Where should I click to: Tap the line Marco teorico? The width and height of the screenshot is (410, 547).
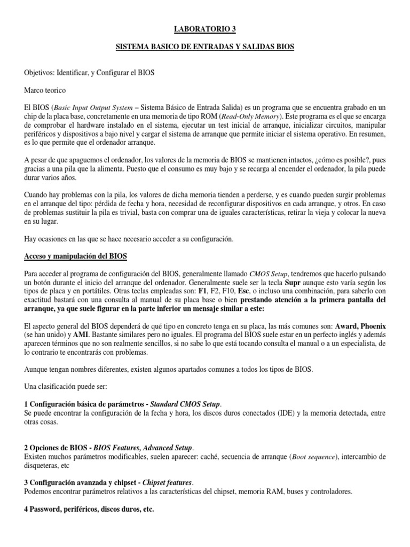(45, 91)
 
